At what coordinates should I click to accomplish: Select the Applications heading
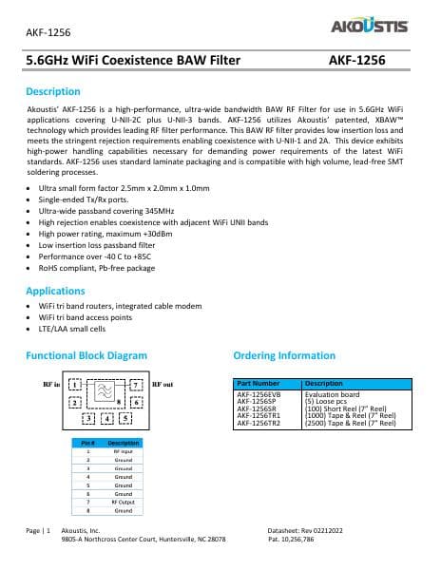click(56, 291)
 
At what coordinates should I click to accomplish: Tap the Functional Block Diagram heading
click(86, 355)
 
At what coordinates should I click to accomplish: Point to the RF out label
click(163, 384)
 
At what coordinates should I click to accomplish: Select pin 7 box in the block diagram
click(137, 385)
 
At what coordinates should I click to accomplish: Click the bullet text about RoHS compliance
click(89, 268)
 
